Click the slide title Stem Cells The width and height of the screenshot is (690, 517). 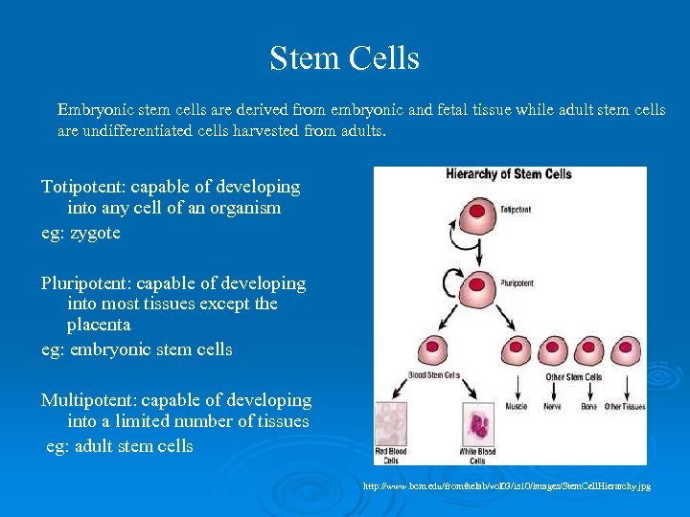(344, 58)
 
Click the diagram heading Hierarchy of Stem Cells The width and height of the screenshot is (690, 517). (509, 174)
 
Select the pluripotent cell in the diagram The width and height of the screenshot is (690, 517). (476, 284)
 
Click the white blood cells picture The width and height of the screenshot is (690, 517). (476, 424)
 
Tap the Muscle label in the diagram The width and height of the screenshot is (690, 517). (518, 406)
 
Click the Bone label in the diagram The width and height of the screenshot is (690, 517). (588, 406)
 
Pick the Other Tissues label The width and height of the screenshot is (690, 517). (624, 406)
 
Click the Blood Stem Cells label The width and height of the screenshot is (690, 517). (434, 374)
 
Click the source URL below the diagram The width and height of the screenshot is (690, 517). (507, 486)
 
